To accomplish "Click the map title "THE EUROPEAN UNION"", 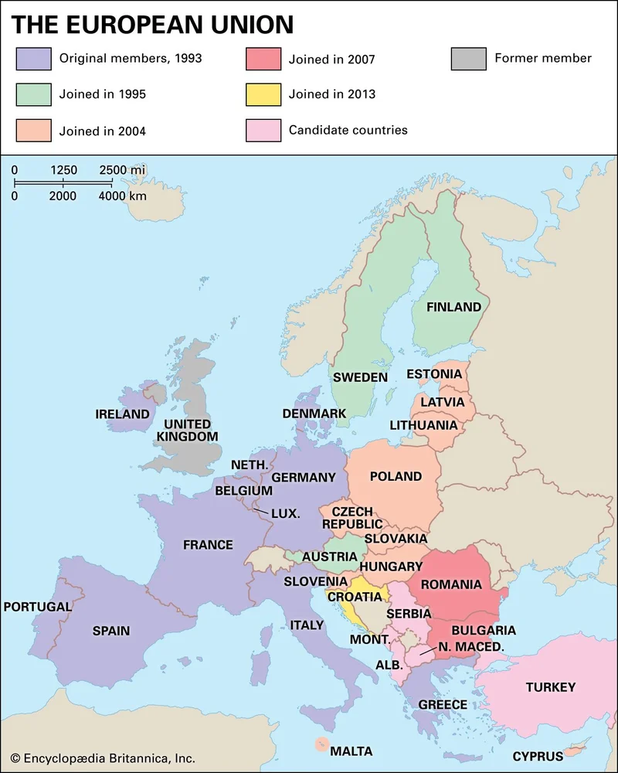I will pos(152,24).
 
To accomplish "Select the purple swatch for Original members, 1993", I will pos(33,59).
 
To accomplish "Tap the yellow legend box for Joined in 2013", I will pos(263,94).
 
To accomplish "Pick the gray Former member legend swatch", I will pos(469,59).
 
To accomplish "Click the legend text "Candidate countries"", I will pos(348,130).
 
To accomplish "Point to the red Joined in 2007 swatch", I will pos(263,59).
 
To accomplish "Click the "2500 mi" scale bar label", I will pos(122,170).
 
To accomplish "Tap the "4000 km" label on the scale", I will pos(122,196).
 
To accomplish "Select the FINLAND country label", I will pos(454,307).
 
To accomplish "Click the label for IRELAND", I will pos(122,414).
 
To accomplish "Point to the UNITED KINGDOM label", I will pos(187,431).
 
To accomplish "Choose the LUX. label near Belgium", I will pos(285,512).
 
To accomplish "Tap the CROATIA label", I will pos(355,597).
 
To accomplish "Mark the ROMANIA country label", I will pos(450,584).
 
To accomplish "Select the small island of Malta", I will pos(320,744).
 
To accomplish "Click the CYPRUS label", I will pos(538,757).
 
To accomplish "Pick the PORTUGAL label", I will pos(37,607).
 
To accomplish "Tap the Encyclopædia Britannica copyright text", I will pos(103,758).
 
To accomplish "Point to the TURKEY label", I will pos(550,687).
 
